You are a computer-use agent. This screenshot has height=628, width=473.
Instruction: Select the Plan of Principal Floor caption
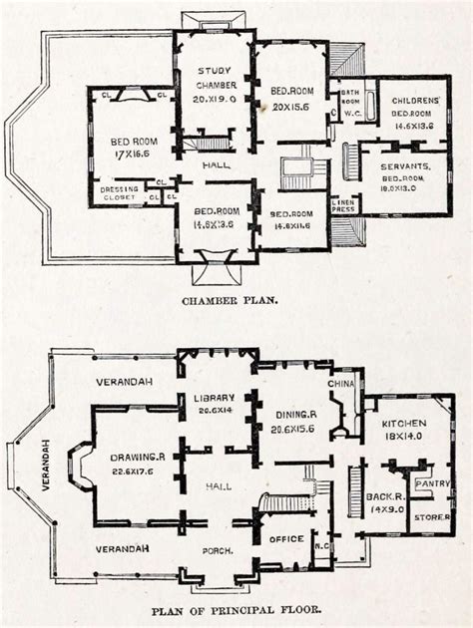(x=236, y=610)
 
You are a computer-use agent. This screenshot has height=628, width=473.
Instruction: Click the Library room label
(x=216, y=400)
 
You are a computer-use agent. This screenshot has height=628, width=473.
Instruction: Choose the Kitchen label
(x=403, y=423)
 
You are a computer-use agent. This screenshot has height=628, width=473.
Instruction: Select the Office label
(x=286, y=539)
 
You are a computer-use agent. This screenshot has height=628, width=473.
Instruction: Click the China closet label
(x=341, y=384)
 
